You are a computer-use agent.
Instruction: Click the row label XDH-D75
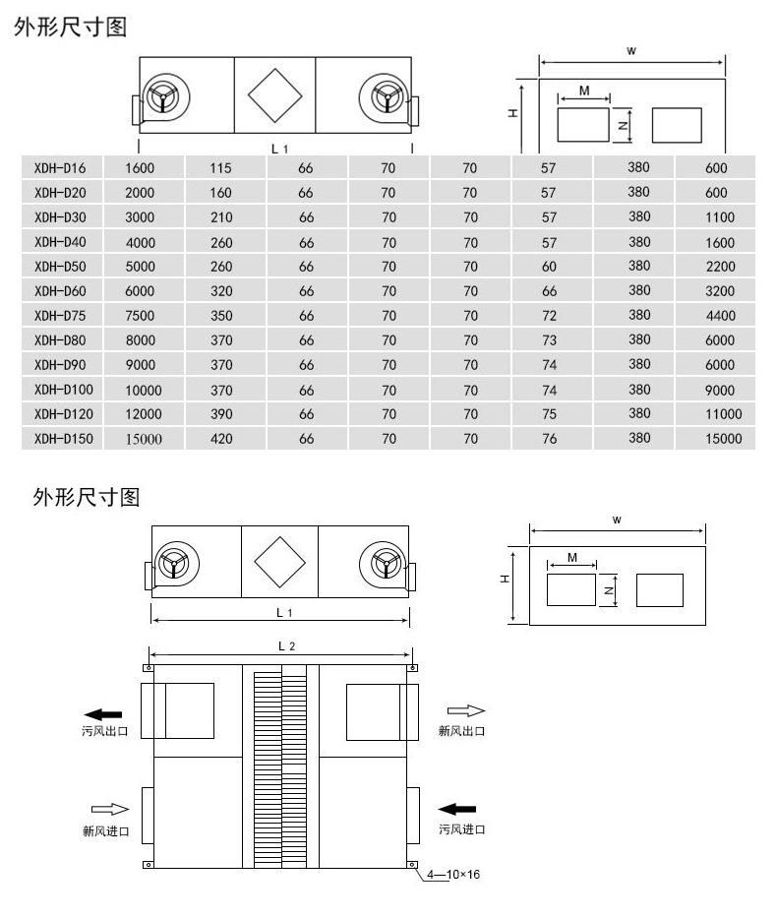[61, 316]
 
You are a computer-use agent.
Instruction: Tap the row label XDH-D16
[61, 168]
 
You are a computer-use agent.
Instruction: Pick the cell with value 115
[220, 168]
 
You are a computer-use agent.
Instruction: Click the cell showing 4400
[719, 316]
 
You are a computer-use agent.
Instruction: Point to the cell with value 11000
[723, 414]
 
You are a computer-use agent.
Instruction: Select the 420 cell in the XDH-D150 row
[221, 439]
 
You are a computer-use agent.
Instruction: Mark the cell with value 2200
[719, 267]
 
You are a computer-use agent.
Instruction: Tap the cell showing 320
[221, 291]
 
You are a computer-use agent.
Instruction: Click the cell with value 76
[549, 439]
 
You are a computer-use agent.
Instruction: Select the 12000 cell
[143, 414]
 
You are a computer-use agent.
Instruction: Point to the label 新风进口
[105, 830]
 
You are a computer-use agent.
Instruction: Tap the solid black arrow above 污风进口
[461, 809]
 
